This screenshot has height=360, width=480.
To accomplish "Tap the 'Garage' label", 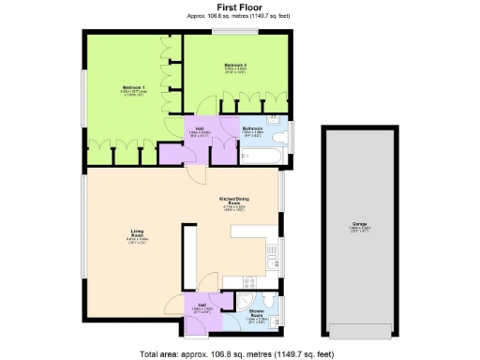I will (x=359, y=224).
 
